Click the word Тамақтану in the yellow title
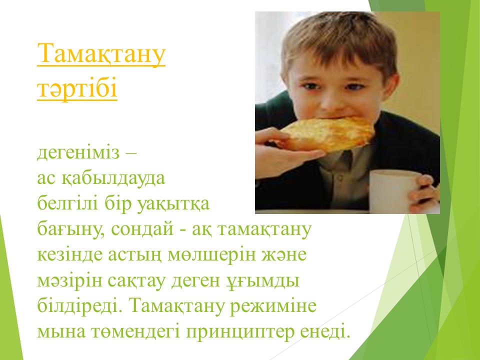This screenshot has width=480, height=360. (x=101, y=54)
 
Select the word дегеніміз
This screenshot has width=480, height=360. (x=78, y=152)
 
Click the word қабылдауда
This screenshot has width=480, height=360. (x=113, y=178)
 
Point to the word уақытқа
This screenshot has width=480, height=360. (x=173, y=204)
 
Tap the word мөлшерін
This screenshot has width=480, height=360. (x=211, y=255)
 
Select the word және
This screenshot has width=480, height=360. (x=284, y=254)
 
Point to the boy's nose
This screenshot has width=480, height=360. (x=331, y=101)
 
